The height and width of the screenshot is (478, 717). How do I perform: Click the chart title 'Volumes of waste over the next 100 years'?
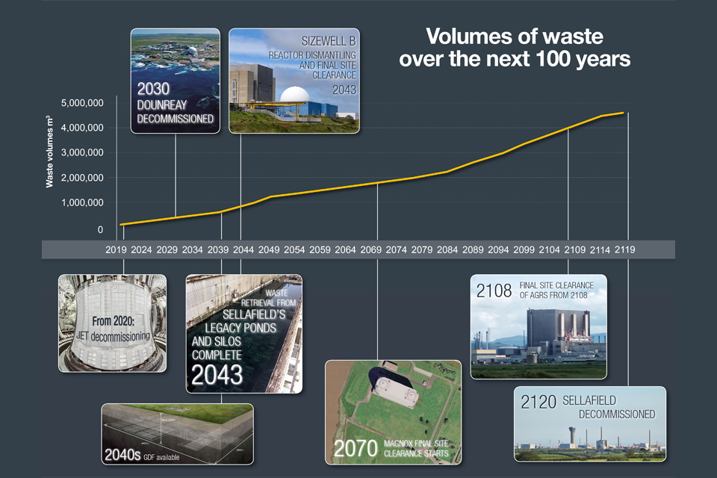click(x=515, y=47)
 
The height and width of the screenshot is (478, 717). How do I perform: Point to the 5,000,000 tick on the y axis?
click(x=83, y=102)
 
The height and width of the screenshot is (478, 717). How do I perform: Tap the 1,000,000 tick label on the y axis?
click(x=83, y=202)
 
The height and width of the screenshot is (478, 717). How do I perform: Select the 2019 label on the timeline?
click(x=118, y=249)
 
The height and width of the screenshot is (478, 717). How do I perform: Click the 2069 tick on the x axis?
click(x=371, y=249)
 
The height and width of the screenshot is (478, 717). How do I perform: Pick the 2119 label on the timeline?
click(x=624, y=249)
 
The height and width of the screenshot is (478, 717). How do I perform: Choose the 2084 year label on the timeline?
click(x=447, y=249)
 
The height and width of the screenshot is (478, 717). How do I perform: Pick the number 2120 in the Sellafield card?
click(x=538, y=403)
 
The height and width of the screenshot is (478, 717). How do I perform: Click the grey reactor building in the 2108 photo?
click(x=553, y=333)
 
